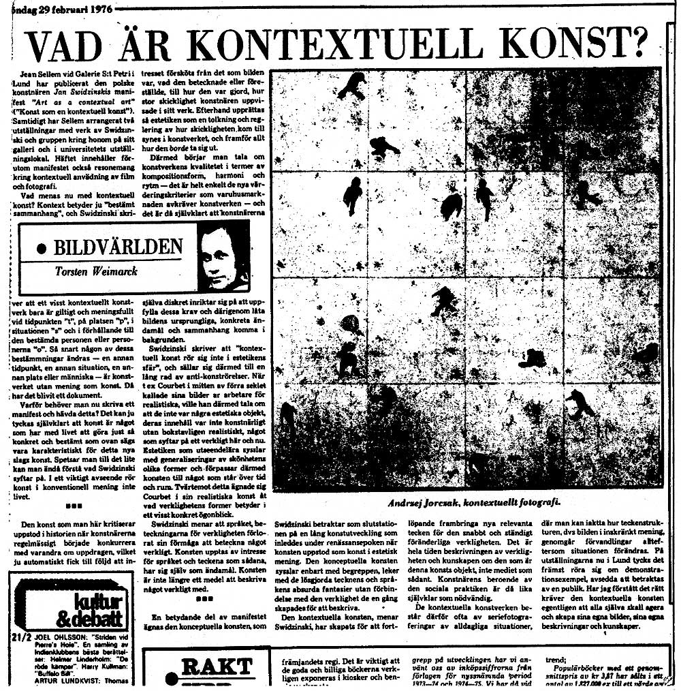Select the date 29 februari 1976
(x=65, y=10)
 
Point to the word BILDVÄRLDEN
(x=118, y=246)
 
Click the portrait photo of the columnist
(x=223, y=258)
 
